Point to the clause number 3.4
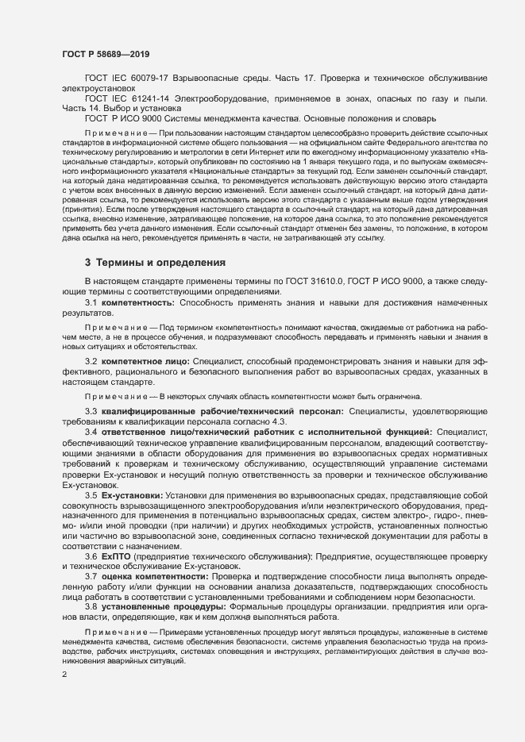pyautogui.click(x=91, y=431)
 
